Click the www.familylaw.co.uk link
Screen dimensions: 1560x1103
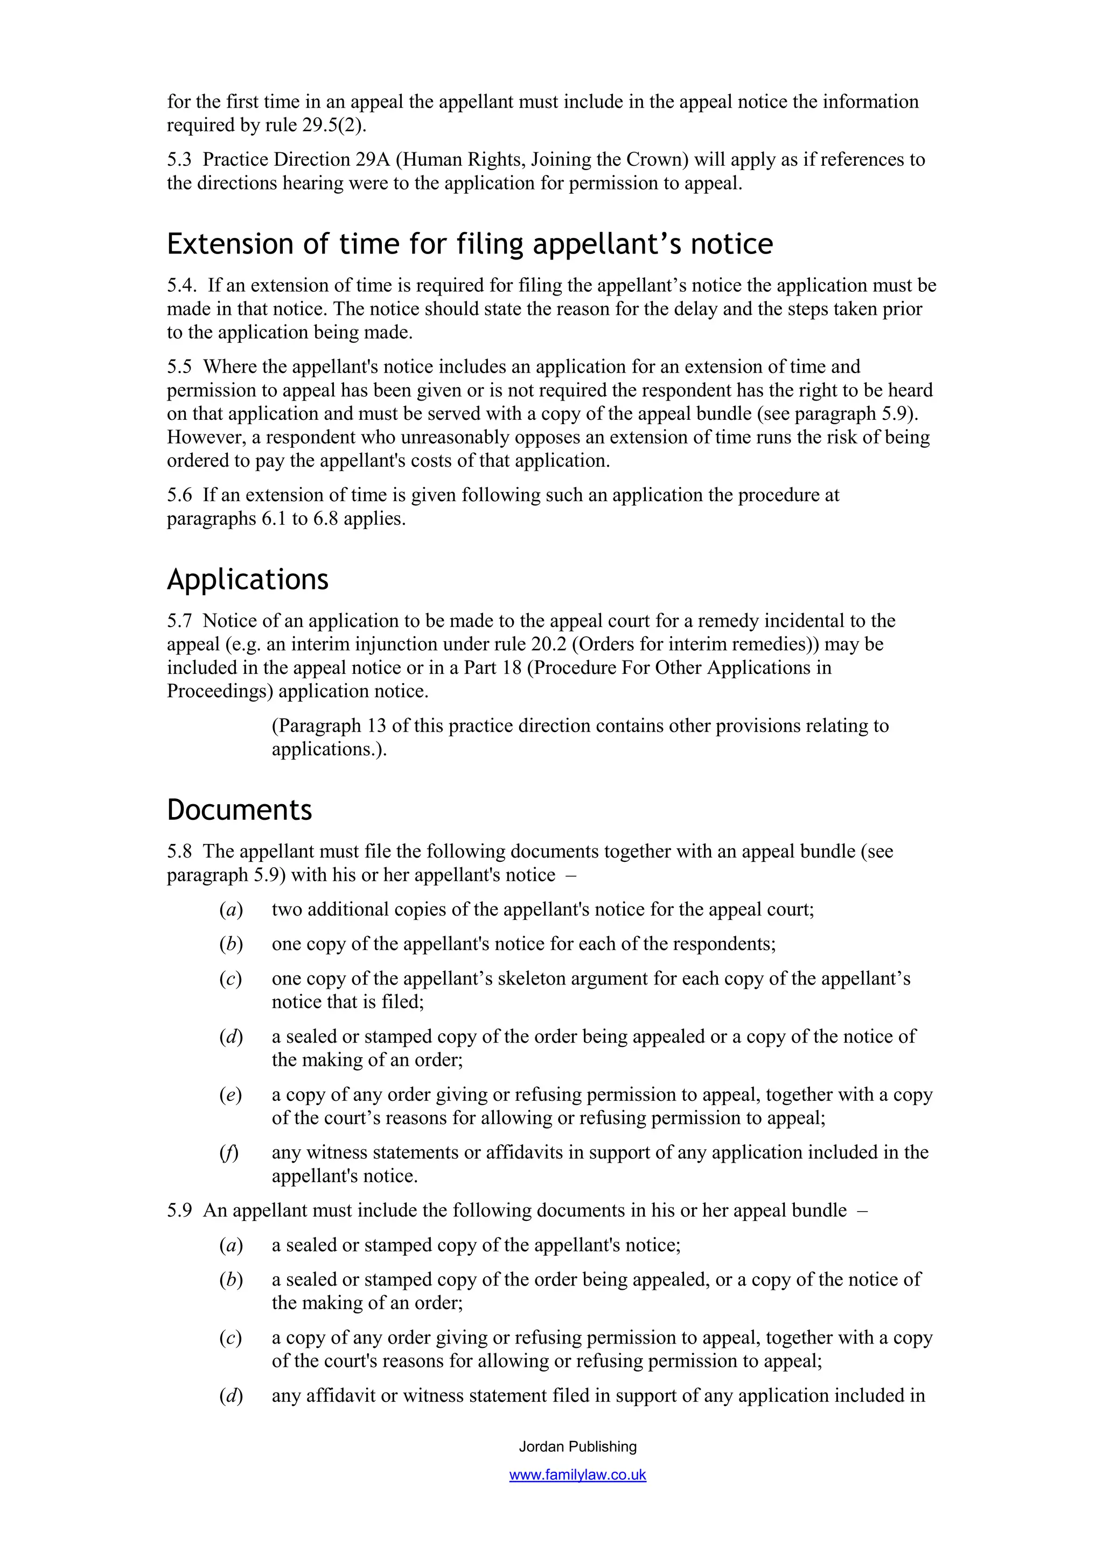pyautogui.click(x=578, y=1475)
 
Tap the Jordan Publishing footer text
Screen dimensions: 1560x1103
pyautogui.click(x=578, y=1446)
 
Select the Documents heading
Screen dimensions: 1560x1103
pyautogui.click(x=239, y=810)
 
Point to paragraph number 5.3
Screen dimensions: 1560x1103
pyautogui.click(x=179, y=160)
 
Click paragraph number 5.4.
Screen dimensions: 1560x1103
pyautogui.click(x=181, y=285)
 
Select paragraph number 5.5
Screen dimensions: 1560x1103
pyautogui.click(x=179, y=367)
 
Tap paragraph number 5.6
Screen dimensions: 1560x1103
pyautogui.click(x=179, y=495)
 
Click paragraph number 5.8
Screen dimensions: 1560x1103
pyautogui.click(x=179, y=852)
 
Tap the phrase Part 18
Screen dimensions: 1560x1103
pyautogui.click(x=492, y=668)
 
